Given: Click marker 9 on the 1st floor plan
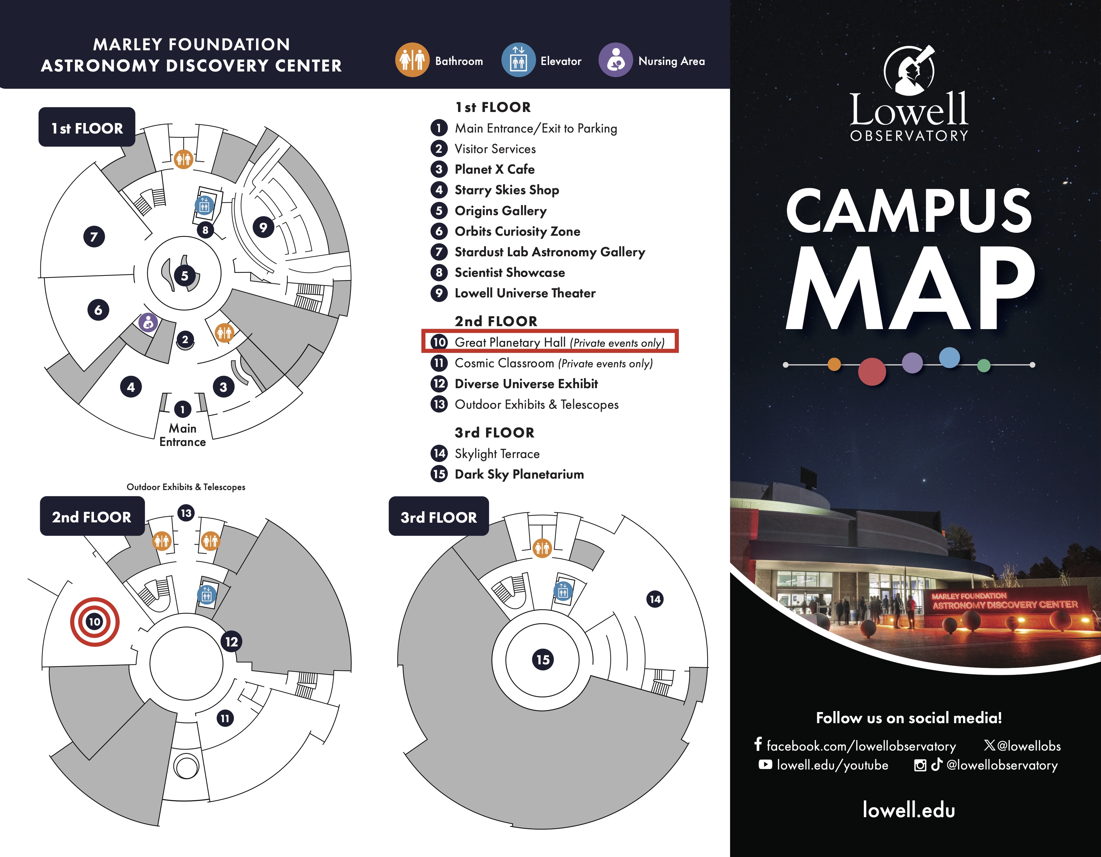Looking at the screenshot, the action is [x=263, y=228].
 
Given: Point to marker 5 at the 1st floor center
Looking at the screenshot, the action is [x=185, y=276].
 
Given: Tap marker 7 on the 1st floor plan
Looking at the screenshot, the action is [x=94, y=237].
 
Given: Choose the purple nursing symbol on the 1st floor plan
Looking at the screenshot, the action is [x=148, y=322].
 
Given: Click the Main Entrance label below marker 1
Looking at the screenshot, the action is [x=182, y=435].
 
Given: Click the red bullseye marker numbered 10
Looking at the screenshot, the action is [x=95, y=621].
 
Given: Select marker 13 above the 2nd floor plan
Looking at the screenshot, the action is [x=186, y=513].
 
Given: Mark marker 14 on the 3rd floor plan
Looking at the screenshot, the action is [x=655, y=599].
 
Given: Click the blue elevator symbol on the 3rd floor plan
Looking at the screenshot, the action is [x=563, y=591].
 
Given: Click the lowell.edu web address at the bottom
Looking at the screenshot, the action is [x=909, y=810].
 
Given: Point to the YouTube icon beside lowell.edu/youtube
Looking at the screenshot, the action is [x=765, y=765].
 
